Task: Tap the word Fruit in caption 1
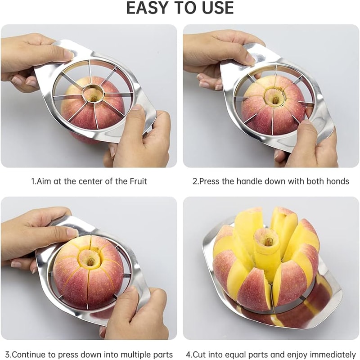[138, 181]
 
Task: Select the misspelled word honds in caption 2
[339, 181]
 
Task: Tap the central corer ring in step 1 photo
[93, 94]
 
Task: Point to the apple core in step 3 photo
[90, 260]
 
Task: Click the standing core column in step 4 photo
[268, 252]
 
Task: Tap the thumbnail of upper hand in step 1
[68, 54]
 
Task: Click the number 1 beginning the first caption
[32, 181]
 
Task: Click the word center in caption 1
[83, 181]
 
